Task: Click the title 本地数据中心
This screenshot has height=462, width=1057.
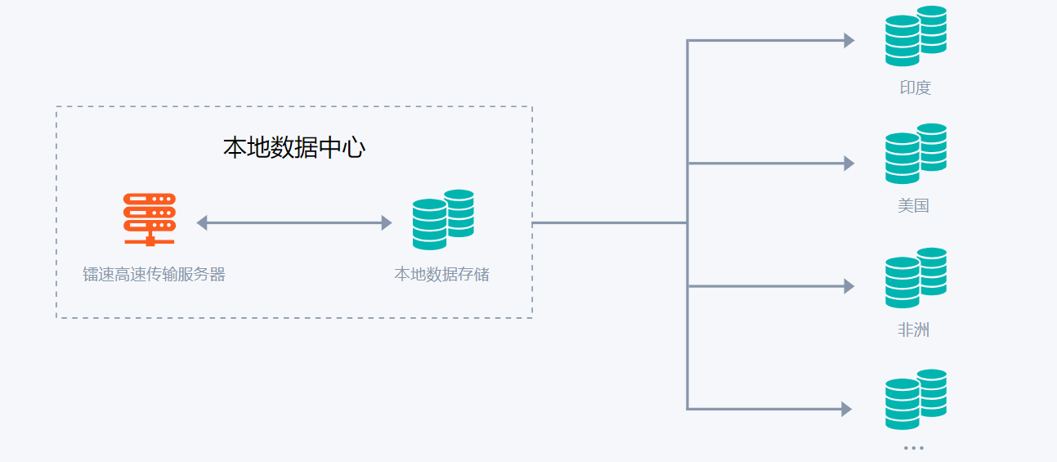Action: point(293,148)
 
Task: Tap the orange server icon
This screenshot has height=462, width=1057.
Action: point(150,219)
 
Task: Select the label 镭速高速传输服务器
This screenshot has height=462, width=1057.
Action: point(154,275)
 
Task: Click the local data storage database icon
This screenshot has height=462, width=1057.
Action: point(443,219)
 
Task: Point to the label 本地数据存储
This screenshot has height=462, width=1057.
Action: point(441,275)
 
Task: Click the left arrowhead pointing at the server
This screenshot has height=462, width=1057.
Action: point(202,222)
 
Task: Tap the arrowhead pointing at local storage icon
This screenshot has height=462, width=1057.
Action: point(387,222)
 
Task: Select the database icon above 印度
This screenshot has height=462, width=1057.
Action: point(915,36)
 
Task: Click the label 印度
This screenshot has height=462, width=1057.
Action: point(916,88)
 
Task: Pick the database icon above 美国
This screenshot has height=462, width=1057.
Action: point(915,154)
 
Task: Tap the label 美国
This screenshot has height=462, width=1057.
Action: point(913,206)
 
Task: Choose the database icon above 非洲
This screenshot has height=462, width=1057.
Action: point(915,278)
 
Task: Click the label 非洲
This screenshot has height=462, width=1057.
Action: point(913,330)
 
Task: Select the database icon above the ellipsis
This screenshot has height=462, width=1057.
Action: point(915,400)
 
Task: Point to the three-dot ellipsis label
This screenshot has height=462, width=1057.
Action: point(913,448)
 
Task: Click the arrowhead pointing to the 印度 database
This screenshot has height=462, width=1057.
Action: point(849,40)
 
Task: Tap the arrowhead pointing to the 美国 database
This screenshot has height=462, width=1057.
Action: point(849,164)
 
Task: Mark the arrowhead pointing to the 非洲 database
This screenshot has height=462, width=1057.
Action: point(849,286)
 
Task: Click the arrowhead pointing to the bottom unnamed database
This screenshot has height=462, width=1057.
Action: point(847,409)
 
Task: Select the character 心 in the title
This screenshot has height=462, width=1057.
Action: point(353,148)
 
